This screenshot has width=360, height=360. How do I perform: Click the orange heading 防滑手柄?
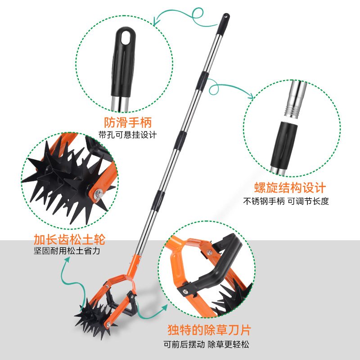[x=128, y=122]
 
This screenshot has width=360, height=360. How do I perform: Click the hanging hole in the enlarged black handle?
[x=126, y=35]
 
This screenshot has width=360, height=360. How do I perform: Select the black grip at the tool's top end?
[x=224, y=22]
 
